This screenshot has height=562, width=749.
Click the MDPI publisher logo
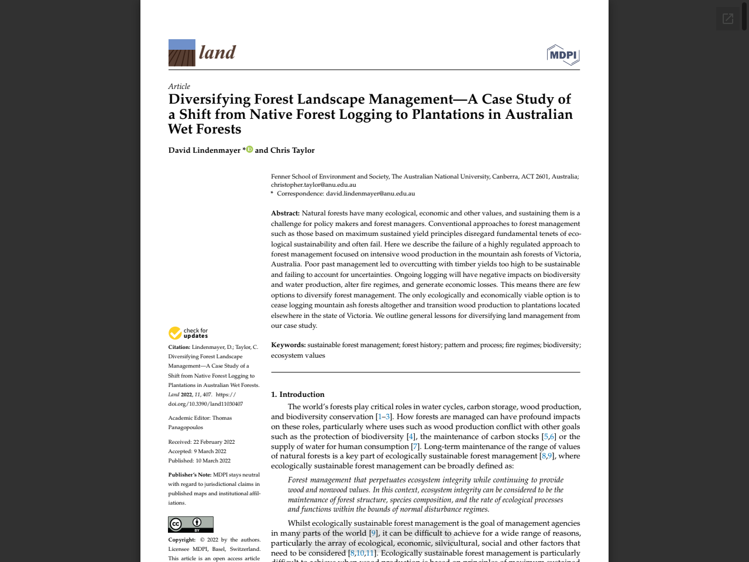click(x=563, y=54)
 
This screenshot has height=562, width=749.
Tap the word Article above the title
click(x=179, y=86)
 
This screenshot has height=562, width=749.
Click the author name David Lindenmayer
click(x=204, y=150)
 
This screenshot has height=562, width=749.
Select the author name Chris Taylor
click(x=292, y=150)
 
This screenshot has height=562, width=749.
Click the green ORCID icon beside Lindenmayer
click(x=249, y=149)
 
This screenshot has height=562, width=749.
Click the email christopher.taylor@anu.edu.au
click(x=313, y=184)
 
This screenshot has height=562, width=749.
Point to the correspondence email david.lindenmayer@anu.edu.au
click(x=370, y=193)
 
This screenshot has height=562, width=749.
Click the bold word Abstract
click(x=285, y=213)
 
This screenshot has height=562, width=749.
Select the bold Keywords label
click(x=288, y=345)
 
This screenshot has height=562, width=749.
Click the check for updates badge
click(x=188, y=333)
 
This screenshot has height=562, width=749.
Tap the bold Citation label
click(x=179, y=347)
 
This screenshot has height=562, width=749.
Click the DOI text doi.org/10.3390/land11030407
click(x=205, y=404)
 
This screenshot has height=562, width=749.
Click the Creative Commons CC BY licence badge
click(x=191, y=524)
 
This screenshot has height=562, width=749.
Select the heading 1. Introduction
click(x=297, y=395)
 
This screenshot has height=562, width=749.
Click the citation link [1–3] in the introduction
click(x=384, y=417)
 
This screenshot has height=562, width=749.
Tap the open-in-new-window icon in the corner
click(x=728, y=19)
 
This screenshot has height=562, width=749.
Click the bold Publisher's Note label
click(x=190, y=475)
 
